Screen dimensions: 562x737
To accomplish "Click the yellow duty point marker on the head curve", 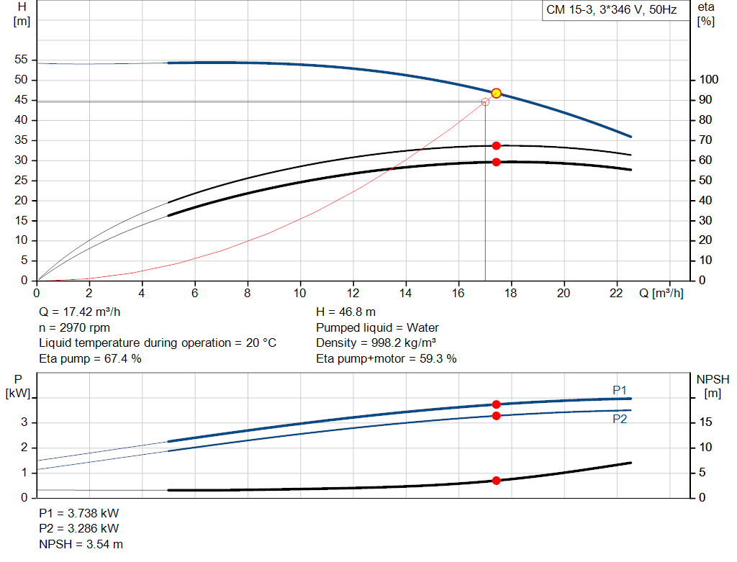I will coord(496,94).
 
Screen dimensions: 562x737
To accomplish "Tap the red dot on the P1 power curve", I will coord(496,404).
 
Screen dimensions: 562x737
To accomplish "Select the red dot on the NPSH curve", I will coord(496,480).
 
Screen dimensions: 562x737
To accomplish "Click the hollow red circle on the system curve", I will coord(485,102).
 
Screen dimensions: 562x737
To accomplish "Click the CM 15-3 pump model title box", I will coord(612,10).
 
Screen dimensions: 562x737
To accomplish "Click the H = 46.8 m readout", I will coord(345,312).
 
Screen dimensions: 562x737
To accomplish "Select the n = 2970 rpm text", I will coord(74,327).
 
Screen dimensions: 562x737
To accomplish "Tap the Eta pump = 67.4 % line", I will coord(90,358).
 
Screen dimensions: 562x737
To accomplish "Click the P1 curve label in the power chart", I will coord(620,390).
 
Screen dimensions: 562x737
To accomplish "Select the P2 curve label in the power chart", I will coord(620,419).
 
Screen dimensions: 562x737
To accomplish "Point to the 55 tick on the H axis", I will coord(20,60).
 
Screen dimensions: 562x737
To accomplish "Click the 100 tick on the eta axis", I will coord(709,79).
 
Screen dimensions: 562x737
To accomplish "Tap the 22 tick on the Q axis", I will coord(617,293).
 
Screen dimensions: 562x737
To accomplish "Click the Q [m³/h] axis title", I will coord(660,293).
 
